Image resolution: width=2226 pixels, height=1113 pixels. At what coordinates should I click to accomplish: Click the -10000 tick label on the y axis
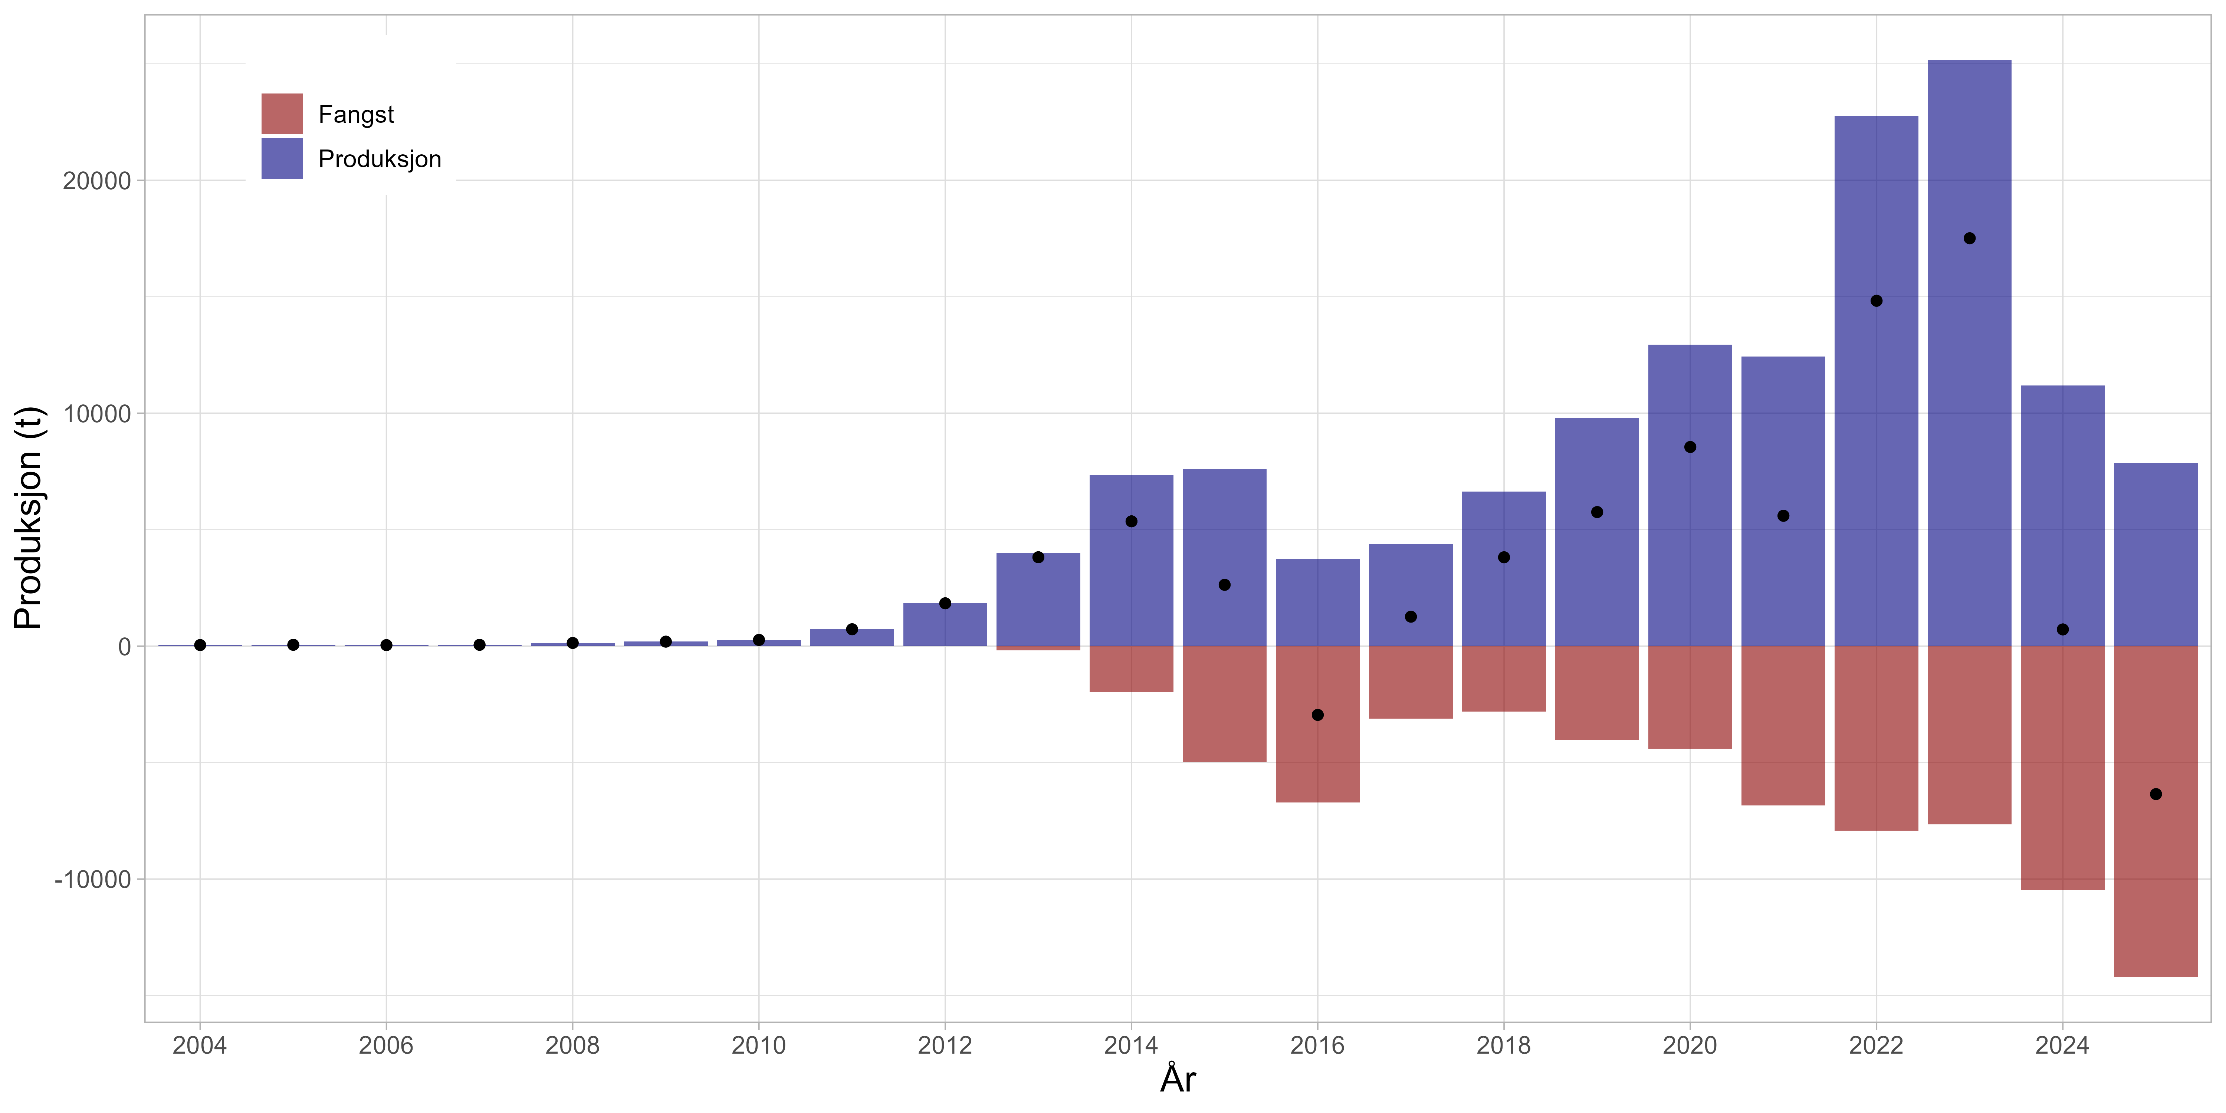92,880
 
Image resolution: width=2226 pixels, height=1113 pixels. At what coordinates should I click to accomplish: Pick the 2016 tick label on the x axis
1317,1045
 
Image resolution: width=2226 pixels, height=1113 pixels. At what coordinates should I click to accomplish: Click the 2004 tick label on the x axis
200,1045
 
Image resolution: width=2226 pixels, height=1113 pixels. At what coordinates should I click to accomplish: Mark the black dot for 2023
1969,239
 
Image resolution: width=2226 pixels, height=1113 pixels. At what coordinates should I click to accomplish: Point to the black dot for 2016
1317,715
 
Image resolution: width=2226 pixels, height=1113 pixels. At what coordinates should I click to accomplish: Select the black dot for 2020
1690,447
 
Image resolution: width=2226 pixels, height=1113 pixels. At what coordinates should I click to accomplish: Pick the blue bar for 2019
1596,588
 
